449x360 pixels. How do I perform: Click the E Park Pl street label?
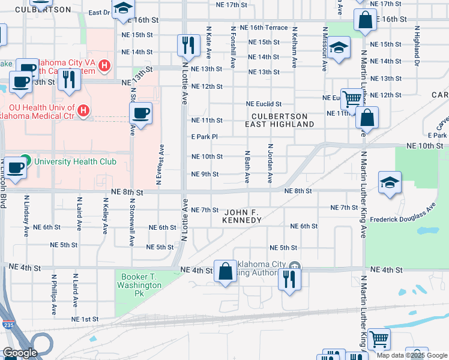[x=203, y=137]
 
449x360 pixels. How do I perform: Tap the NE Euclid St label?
[x=264, y=104]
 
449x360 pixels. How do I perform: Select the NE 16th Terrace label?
[x=264, y=28]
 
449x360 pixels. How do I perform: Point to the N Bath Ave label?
[x=246, y=167]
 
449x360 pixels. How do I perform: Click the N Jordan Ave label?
[x=270, y=163]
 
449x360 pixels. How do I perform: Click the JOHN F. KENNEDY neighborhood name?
[x=243, y=217]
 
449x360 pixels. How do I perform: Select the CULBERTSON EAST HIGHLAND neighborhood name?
[x=280, y=120]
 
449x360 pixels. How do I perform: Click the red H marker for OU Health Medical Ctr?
[x=83, y=111]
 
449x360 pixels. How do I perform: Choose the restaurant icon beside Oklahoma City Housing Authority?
[x=289, y=278]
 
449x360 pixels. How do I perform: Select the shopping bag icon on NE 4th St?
[x=225, y=271]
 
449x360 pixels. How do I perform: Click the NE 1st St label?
[x=85, y=319]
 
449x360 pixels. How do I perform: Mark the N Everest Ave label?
[x=161, y=164]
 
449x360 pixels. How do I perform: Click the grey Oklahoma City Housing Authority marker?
[x=294, y=266]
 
